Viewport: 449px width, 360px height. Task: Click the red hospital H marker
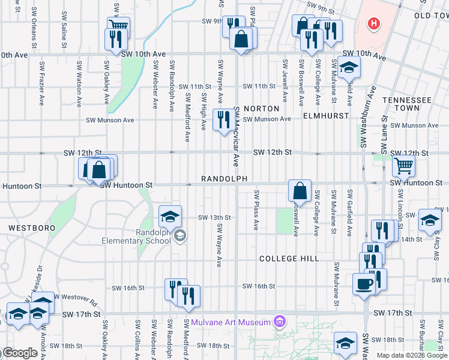(373, 25)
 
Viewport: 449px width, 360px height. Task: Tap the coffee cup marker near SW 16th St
(364, 283)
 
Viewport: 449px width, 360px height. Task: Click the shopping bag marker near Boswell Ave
(299, 191)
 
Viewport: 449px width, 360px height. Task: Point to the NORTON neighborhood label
(261, 109)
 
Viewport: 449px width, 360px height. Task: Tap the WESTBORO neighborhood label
(32, 228)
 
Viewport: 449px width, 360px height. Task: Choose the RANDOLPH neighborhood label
(224, 179)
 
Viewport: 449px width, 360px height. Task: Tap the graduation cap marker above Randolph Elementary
(170, 216)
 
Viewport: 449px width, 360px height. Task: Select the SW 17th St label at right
(393, 313)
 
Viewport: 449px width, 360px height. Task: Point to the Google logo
(19, 353)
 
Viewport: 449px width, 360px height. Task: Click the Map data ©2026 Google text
(411, 355)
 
